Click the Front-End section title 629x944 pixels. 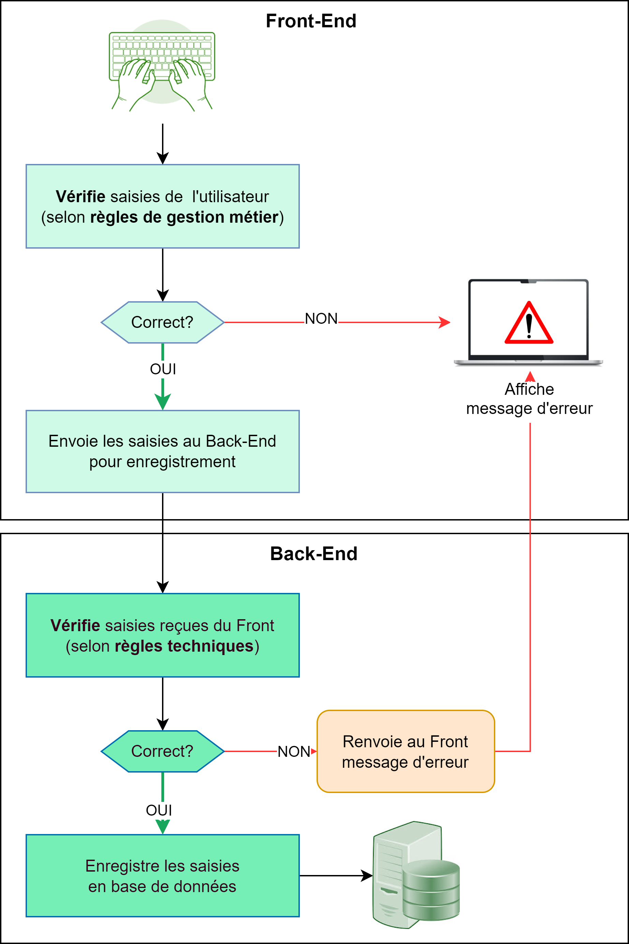(x=311, y=21)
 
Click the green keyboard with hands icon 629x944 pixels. (x=162, y=66)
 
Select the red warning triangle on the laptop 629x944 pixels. (x=529, y=324)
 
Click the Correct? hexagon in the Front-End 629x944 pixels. (x=162, y=322)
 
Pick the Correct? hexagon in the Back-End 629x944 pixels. (x=162, y=751)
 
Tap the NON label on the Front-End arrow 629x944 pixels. (x=321, y=319)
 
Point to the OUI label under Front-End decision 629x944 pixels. (x=163, y=369)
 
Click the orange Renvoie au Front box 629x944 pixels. (x=406, y=752)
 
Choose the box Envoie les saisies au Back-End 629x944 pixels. (x=162, y=451)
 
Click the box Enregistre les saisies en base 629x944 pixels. (x=162, y=876)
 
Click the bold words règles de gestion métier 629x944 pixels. (x=184, y=217)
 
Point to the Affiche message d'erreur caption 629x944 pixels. (x=529, y=399)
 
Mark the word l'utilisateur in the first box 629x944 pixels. (x=230, y=197)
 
